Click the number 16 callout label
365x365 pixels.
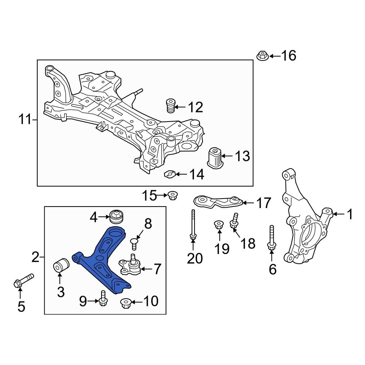pos(288,56)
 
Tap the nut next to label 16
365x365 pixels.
pos(262,56)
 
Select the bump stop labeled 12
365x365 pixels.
pos(170,106)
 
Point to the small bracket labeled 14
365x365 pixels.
pos(169,174)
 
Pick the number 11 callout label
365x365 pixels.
pos(25,119)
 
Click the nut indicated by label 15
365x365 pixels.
pos(172,196)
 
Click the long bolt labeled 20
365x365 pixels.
pos(193,226)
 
